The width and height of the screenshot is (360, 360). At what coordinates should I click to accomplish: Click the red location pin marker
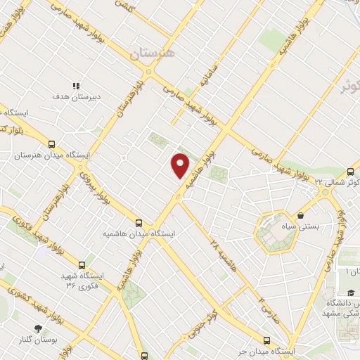pyautogui.click(x=181, y=165)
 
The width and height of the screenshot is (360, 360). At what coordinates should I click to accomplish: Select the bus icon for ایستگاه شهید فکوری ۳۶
pyautogui.click(x=83, y=265)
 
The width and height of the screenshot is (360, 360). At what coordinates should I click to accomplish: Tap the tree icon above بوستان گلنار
pyautogui.click(x=38, y=328)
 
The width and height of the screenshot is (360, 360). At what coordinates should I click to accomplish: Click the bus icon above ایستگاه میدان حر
pyautogui.click(x=266, y=340)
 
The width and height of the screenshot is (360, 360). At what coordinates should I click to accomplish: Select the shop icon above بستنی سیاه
pyautogui.click(x=301, y=215)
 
